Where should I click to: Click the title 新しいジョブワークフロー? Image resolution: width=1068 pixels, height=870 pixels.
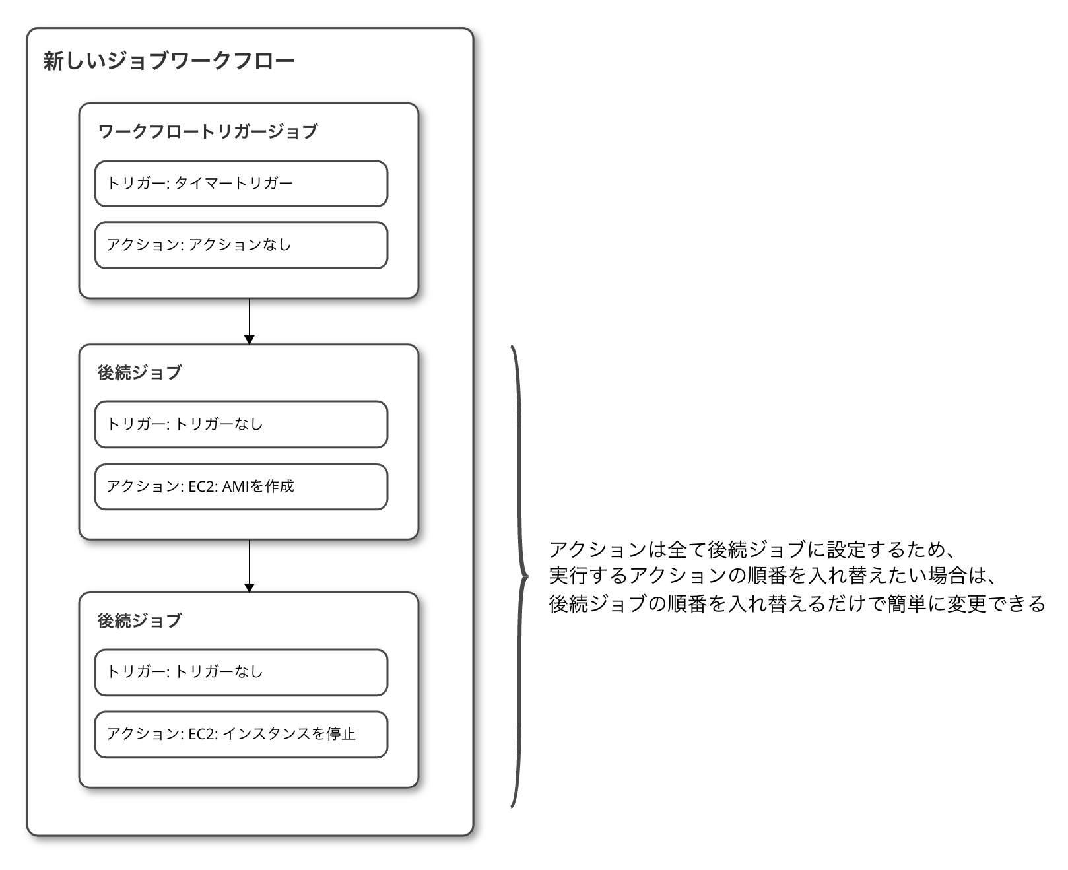click(168, 61)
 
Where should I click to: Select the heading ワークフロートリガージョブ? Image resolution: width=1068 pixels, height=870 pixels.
click(207, 131)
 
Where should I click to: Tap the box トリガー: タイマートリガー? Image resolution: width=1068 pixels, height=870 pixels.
click(241, 184)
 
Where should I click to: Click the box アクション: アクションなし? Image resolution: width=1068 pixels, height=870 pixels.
click(241, 245)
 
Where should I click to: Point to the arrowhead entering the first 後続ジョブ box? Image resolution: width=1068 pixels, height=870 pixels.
click(250, 340)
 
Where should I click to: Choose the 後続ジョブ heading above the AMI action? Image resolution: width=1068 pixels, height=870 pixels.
click(139, 372)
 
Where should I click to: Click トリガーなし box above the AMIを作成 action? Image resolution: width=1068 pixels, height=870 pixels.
click(241, 424)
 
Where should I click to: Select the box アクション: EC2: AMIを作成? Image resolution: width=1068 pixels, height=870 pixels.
click(241, 487)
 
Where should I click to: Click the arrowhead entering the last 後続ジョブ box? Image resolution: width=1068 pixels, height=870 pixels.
click(250, 587)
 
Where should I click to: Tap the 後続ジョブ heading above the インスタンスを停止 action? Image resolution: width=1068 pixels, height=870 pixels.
click(139, 620)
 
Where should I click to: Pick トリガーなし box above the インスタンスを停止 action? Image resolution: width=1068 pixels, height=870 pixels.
click(241, 673)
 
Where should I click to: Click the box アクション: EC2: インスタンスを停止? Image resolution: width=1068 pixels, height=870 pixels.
click(241, 735)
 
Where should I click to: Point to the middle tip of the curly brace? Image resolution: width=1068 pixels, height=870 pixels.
click(527, 577)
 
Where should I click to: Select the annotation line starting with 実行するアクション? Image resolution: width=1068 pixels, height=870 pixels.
click(772, 576)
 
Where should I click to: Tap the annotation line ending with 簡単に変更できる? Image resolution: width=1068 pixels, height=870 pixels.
click(797, 603)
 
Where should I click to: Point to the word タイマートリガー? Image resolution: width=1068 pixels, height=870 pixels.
click(234, 183)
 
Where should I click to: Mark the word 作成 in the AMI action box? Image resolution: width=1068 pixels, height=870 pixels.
click(279, 486)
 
